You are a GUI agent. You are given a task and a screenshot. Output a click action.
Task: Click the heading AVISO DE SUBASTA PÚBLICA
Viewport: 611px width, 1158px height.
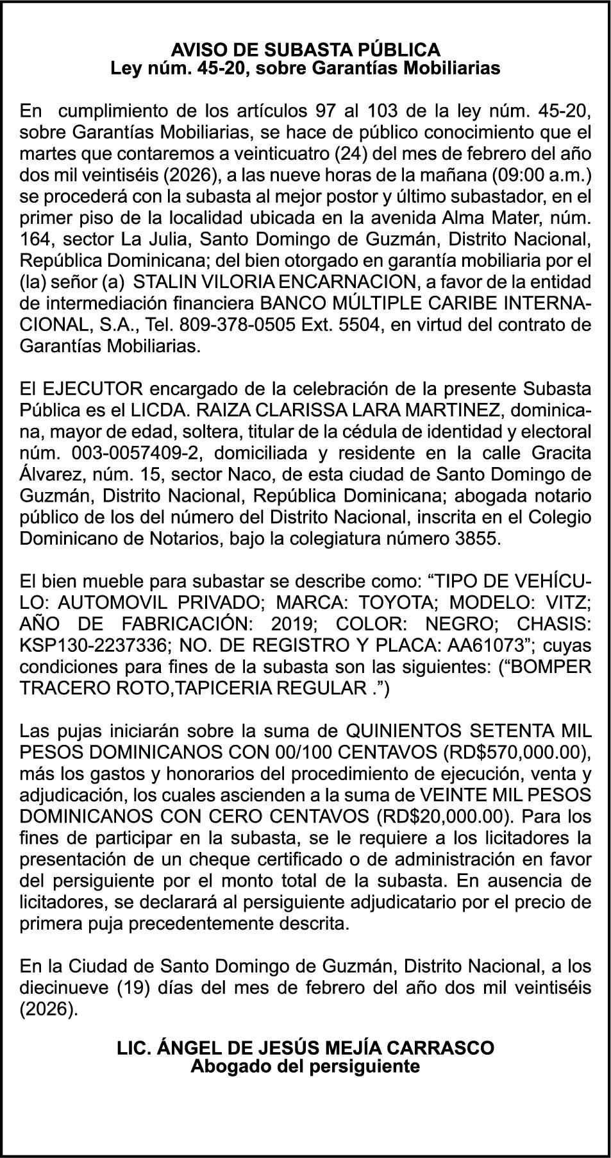click(305, 49)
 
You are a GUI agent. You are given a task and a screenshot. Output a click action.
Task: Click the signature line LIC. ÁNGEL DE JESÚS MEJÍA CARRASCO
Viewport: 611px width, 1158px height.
click(305, 1048)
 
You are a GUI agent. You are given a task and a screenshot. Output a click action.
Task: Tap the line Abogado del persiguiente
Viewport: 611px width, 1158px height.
click(305, 1066)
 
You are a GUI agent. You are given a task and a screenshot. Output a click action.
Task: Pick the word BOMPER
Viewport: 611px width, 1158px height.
click(553, 667)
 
